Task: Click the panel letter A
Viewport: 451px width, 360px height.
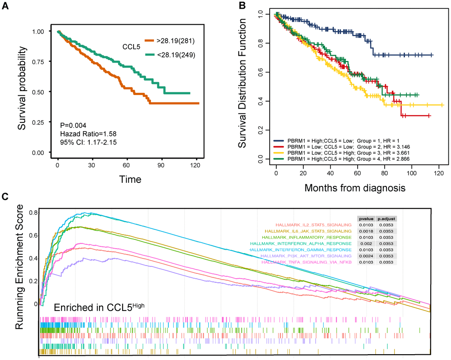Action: pyautogui.click(x=6, y=6)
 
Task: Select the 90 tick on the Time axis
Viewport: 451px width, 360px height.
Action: pyautogui.click(x=162, y=165)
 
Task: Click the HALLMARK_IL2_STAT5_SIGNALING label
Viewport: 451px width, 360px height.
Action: pyautogui.click(x=313, y=224)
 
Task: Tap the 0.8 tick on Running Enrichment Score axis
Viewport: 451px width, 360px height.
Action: pyautogui.click(x=32, y=212)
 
